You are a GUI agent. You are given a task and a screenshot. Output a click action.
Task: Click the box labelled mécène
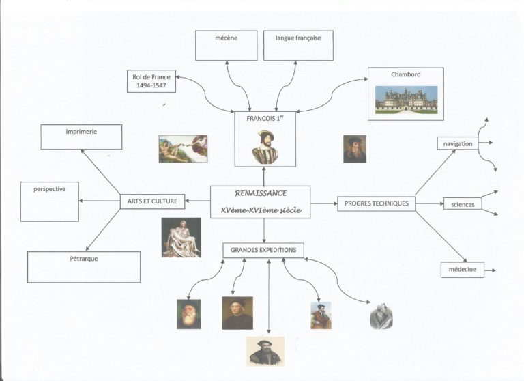click(227, 46)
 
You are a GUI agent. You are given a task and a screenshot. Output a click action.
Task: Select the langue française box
click(298, 46)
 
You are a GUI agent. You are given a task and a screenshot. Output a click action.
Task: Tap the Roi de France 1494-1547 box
click(151, 81)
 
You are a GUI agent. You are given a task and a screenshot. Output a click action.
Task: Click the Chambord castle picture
click(406, 100)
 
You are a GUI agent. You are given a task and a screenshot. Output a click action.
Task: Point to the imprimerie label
click(81, 132)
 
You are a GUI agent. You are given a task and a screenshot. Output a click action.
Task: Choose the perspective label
click(49, 189)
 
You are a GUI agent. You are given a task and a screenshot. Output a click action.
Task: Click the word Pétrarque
click(83, 259)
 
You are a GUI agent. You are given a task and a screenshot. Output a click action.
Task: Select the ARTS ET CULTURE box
click(152, 201)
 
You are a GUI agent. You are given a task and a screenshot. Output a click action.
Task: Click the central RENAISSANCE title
click(261, 193)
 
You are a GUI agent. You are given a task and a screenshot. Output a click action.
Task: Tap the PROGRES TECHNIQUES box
click(377, 203)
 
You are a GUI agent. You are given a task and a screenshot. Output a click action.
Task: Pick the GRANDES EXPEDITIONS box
click(263, 250)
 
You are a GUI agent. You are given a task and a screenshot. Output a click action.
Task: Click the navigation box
click(458, 144)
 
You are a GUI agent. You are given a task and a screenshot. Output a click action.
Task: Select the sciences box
click(463, 204)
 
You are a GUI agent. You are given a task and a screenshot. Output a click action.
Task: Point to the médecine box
click(463, 270)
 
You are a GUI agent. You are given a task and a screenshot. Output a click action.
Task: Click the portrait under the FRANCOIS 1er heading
click(265, 147)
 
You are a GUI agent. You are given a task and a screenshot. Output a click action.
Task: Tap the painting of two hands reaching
click(183, 149)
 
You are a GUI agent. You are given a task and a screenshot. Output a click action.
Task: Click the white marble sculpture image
click(181, 238)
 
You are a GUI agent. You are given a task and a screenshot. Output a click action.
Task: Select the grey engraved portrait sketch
click(381, 316)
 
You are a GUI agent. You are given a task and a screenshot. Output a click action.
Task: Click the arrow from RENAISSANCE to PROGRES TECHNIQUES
click(324, 203)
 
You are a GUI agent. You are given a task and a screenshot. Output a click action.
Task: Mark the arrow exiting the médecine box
click(491, 270)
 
